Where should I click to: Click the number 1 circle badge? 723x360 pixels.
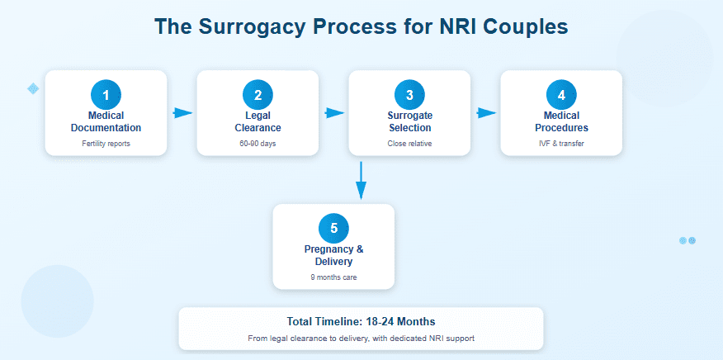point(106,94)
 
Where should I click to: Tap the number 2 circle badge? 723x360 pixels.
point(258,94)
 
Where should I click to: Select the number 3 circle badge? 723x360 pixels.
point(409,94)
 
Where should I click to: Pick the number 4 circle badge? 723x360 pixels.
point(561,94)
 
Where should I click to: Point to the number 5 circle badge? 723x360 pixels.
point(333,228)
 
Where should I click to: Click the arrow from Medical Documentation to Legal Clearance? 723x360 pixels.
point(182,113)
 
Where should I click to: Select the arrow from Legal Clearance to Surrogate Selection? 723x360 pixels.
point(333,113)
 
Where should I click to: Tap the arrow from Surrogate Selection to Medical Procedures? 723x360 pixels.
point(485,113)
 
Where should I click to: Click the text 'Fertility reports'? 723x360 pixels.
point(106,144)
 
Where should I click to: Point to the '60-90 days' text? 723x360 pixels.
point(258,144)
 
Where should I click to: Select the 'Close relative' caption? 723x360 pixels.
point(409,144)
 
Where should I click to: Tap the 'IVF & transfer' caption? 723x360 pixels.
point(561,144)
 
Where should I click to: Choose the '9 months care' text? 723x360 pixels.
point(333,277)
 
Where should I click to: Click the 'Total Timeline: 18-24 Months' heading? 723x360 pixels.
point(361,321)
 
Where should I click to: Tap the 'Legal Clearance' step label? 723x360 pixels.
point(258,121)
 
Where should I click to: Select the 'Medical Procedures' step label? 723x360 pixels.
point(561,121)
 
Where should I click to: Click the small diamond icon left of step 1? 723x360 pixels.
point(33,88)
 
